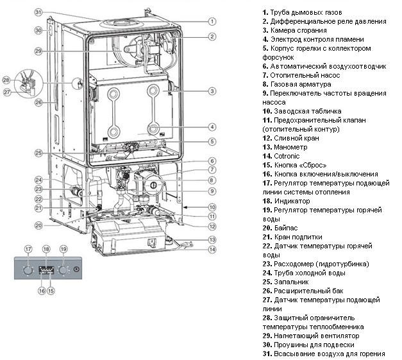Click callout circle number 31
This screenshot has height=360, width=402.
coord(38,12)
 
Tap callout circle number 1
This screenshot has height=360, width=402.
coord(212,21)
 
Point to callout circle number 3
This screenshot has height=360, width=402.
coord(212,91)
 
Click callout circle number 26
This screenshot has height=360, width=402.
coord(38,102)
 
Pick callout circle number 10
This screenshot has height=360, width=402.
coord(212,207)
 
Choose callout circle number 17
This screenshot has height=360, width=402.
coord(28,248)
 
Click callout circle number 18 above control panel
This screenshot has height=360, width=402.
coord(46,248)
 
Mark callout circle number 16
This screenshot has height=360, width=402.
coord(42,291)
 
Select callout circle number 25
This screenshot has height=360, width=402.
coord(38,153)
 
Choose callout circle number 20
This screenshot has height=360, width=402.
coord(38,225)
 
